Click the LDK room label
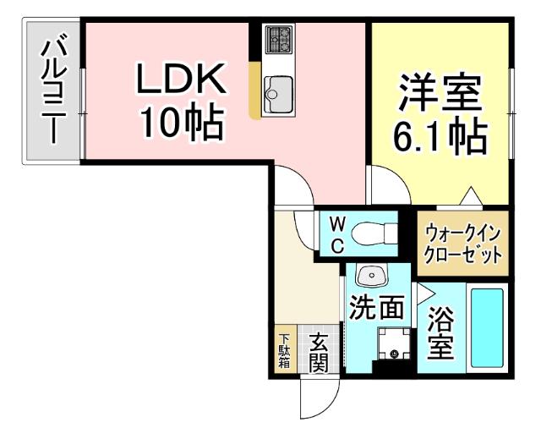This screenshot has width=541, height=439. [x=182, y=81]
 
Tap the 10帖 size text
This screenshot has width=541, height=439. [x=182, y=124]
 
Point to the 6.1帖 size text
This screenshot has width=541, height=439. [x=440, y=135]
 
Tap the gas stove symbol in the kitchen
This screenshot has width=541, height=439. [x=277, y=39]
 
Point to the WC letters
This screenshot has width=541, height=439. [x=336, y=234]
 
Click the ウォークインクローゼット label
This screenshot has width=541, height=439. [x=463, y=243]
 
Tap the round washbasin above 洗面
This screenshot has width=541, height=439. [x=370, y=276]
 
